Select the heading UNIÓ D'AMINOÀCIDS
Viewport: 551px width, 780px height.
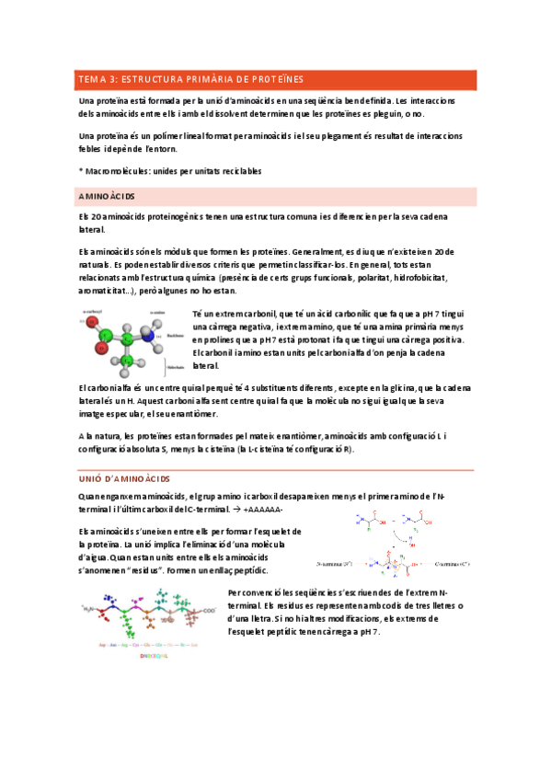coord(123,479)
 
